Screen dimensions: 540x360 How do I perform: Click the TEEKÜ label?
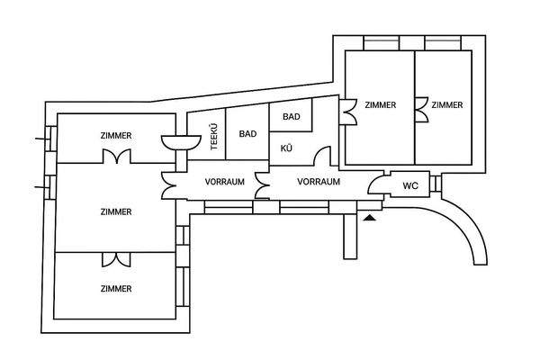(x=214, y=137)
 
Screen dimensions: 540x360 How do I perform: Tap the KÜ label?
(x=286, y=148)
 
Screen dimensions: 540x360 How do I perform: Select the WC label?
(x=410, y=185)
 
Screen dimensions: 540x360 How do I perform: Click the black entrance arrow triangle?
(x=369, y=218)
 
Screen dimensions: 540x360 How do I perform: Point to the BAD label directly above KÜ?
(x=292, y=116)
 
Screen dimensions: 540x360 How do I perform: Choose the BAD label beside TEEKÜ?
(x=247, y=133)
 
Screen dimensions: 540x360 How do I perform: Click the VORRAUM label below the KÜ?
(x=319, y=182)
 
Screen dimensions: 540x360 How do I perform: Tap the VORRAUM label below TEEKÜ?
(x=224, y=182)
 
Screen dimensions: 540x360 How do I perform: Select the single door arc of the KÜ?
(x=321, y=156)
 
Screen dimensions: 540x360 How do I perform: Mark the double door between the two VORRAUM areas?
(x=262, y=185)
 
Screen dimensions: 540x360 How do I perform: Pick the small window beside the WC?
(x=436, y=184)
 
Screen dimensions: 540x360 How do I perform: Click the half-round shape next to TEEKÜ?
(x=181, y=142)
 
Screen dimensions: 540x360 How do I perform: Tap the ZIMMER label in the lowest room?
(x=116, y=288)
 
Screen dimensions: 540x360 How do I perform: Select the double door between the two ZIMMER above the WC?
(x=421, y=110)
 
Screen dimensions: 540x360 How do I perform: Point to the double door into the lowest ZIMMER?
(x=116, y=260)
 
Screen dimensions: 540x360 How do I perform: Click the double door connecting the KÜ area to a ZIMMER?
(x=347, y=112)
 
